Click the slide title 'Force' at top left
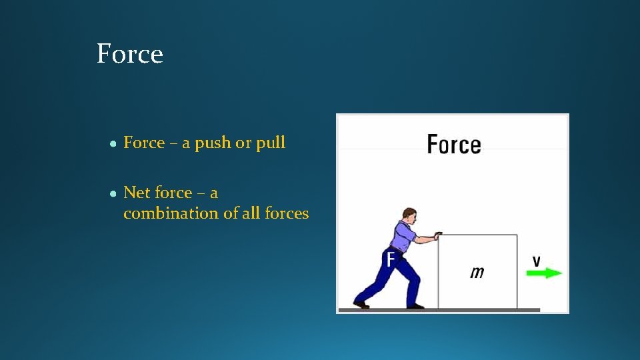click(129, 54)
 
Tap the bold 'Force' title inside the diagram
click(453, 144)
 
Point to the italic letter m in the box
click(477, 271)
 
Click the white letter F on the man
click(391, 258)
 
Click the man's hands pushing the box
click(437, 235)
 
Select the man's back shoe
click(361, 304)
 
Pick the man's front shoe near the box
click(415, 305)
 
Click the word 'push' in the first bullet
click(212, 143)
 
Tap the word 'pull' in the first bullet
click(271, 143)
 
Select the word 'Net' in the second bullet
click(137, 193)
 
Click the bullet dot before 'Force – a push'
click(114, 143)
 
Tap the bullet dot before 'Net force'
click(114, 193)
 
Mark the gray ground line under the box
click(467, 309)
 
